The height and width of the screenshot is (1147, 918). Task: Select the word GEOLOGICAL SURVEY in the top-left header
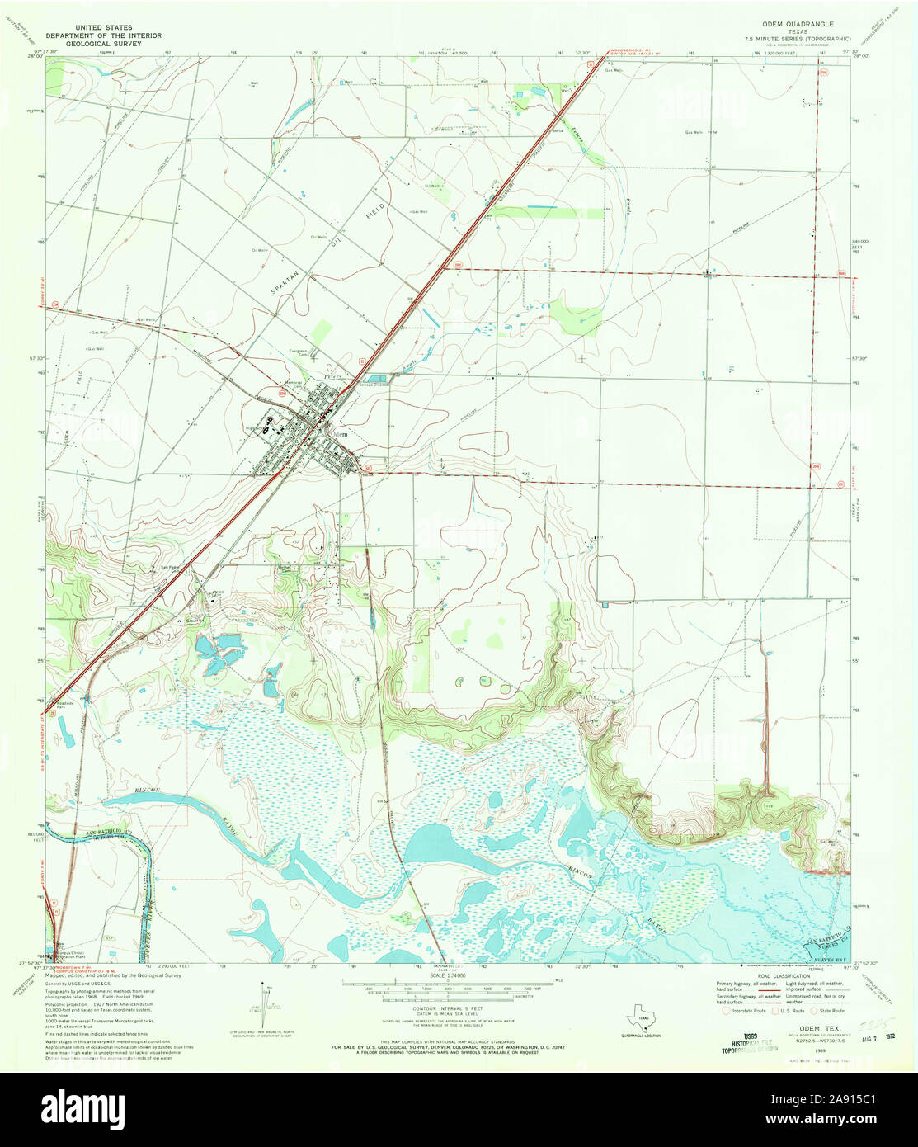[x=103, y=44]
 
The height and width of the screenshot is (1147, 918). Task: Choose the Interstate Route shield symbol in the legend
[x=725, y=1010]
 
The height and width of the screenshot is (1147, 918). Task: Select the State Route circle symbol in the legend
[x=813, y=1010]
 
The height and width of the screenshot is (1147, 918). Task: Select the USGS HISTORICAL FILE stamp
[x=749, y=1043]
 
